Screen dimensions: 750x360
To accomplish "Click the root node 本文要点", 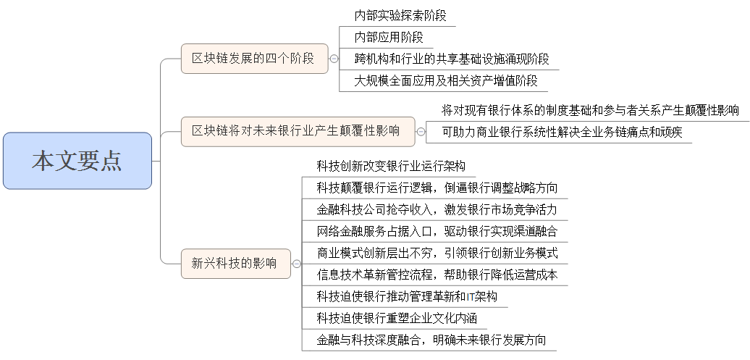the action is (x=77, y=161).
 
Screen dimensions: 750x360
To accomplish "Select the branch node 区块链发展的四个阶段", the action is (x=253, y=59).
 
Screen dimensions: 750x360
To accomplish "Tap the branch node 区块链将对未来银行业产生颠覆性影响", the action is (x=295, y=131).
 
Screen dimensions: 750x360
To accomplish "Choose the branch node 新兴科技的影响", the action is (x=234, y=264).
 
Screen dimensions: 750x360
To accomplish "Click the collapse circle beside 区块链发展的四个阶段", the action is (x=334, y=59).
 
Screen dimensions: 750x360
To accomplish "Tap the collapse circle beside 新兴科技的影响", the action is (x=295, y=264).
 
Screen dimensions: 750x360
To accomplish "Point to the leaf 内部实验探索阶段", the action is (x=400, y=15).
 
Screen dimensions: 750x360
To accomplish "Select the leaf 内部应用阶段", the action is (x=389, y=37).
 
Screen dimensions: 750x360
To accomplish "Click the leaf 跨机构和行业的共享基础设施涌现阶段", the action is (x=451, y=59).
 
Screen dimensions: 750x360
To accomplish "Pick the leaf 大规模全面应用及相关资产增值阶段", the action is (x=445, y=80).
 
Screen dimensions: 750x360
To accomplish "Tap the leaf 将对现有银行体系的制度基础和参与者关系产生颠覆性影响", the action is (x=590, y=110).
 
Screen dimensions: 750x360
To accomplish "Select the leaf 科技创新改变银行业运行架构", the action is (x=391, y=166).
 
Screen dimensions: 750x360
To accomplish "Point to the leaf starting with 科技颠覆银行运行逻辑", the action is (x=437, y=188).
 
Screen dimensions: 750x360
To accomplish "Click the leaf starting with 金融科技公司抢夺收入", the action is (x=437, y=209).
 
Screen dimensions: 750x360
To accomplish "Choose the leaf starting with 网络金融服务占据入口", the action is (x=437, y=231).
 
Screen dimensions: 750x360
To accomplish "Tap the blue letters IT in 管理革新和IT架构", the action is (x=470, y=297).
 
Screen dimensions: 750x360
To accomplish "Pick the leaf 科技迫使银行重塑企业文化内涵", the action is (x=396, y=318).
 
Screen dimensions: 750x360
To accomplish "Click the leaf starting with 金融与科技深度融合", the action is (x=431, y=340).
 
